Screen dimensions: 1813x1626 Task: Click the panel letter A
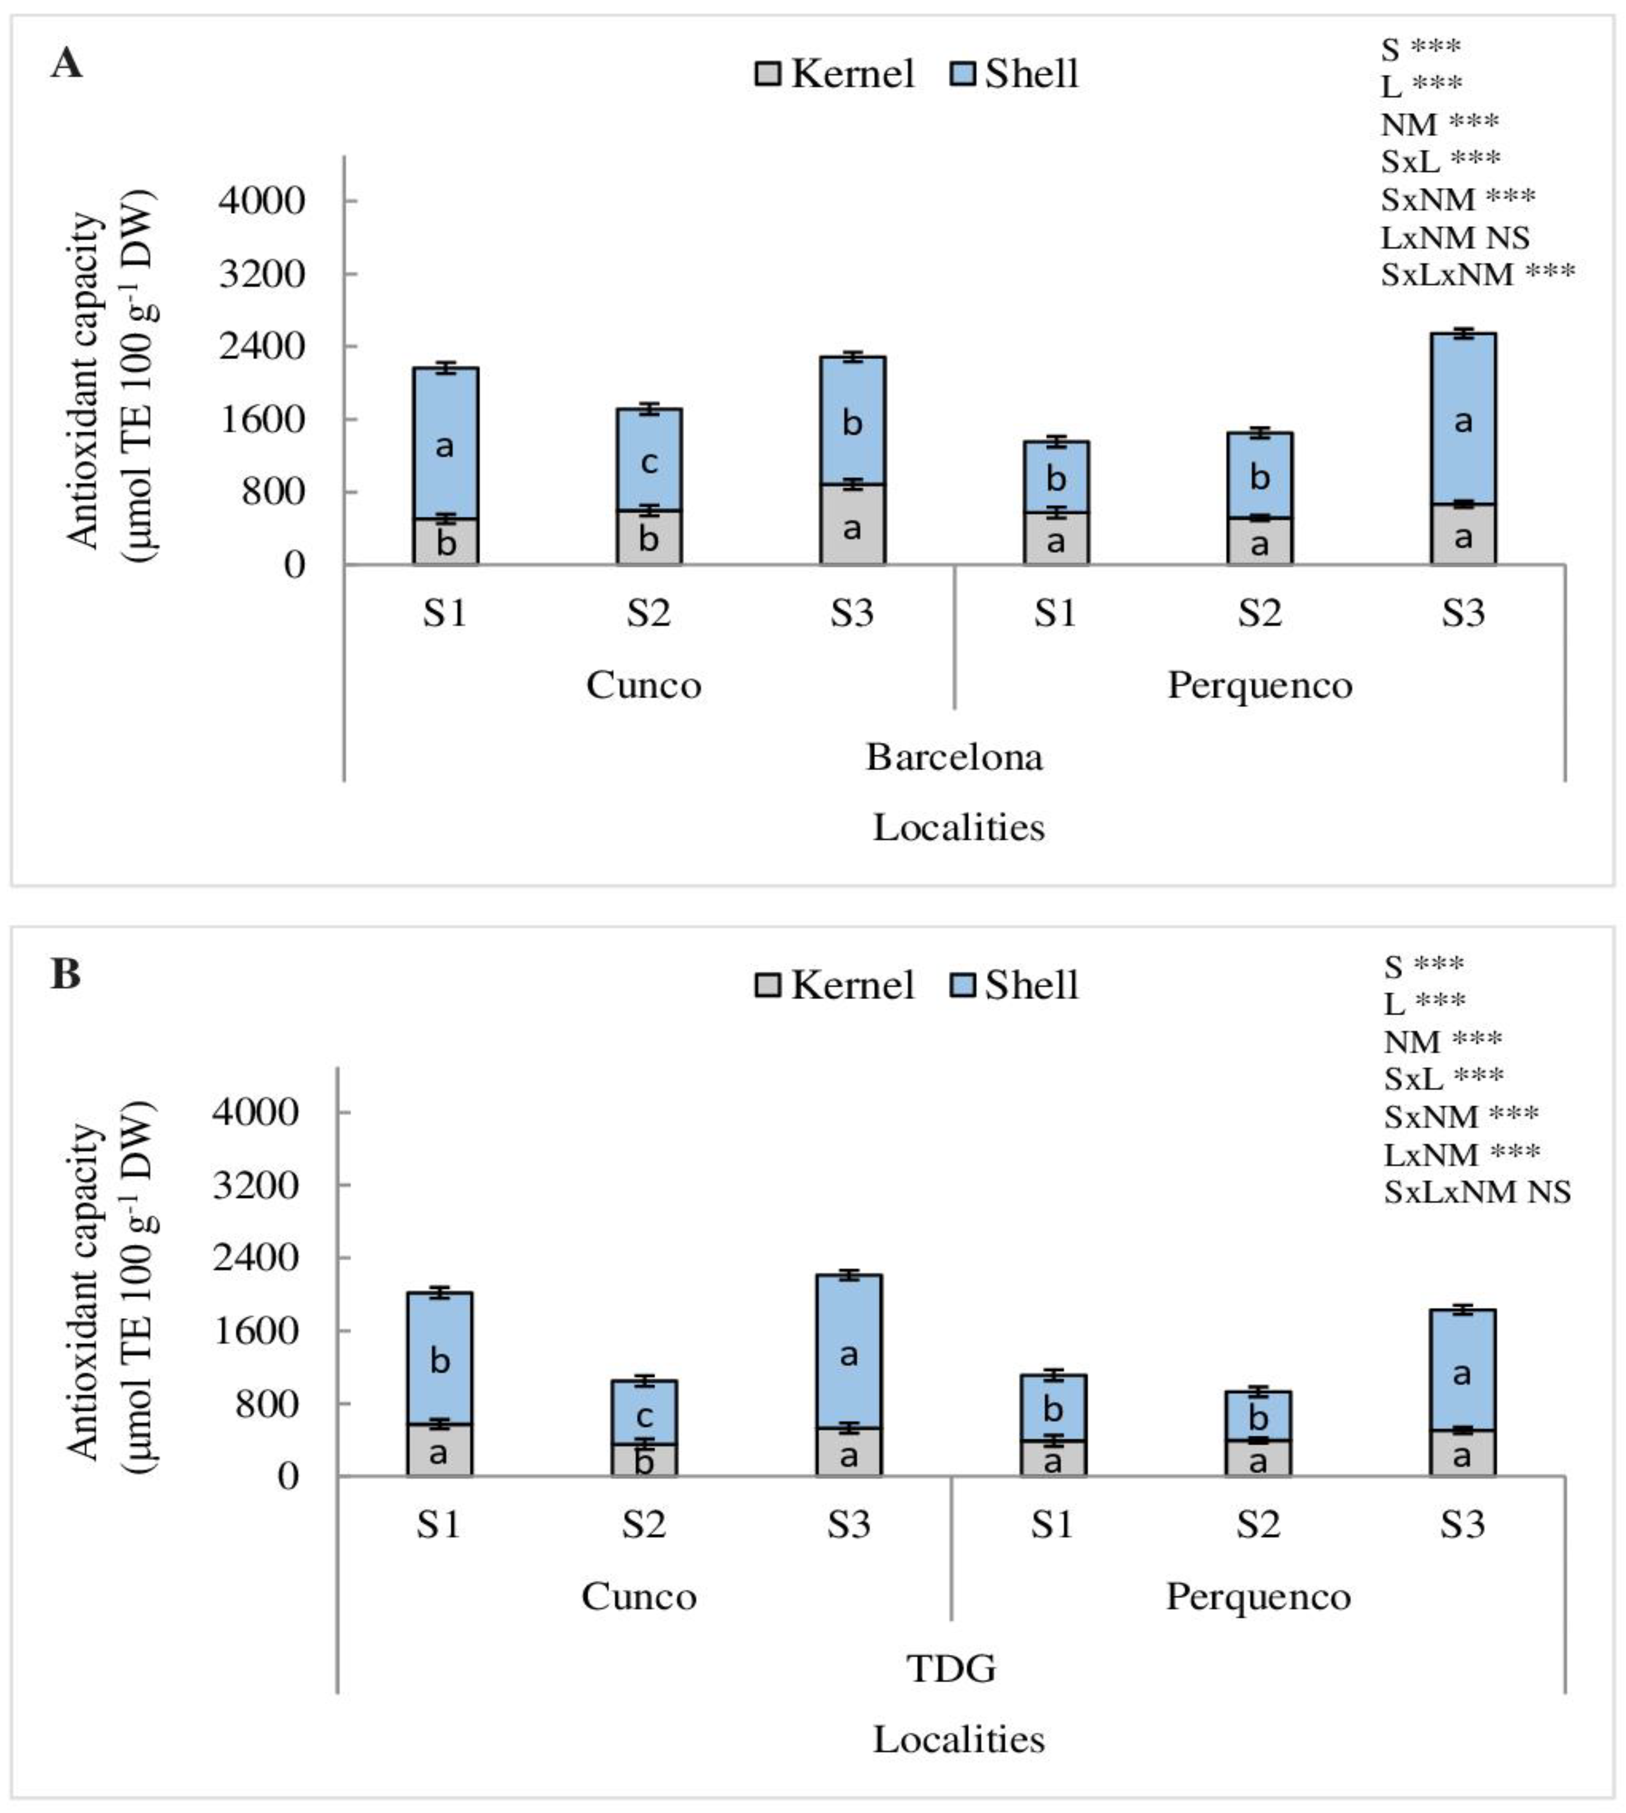tap(66, 65)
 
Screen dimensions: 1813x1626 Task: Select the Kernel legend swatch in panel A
tap(768, 74)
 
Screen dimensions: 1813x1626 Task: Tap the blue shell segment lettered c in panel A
tap(649, 460)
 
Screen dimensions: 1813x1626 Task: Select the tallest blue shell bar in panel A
tap(1463, 420)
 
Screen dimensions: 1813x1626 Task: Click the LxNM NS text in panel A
tap(1454, 237)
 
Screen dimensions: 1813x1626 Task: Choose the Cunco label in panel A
tap(643, 685)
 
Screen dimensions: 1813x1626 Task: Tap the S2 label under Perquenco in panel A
tap(1259, 613)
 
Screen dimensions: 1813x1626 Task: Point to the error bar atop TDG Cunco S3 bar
tap(849, 1275)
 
